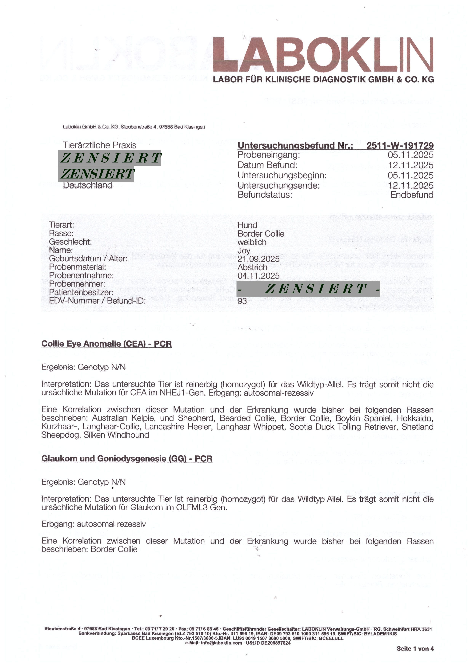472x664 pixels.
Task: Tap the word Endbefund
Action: click(412, 195)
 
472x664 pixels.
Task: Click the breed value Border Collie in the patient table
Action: click(261, 234)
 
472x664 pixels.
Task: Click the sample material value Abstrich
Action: click(252, 267)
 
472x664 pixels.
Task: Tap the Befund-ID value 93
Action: click(242, 301)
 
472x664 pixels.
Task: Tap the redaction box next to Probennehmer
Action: click(308, 289)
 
